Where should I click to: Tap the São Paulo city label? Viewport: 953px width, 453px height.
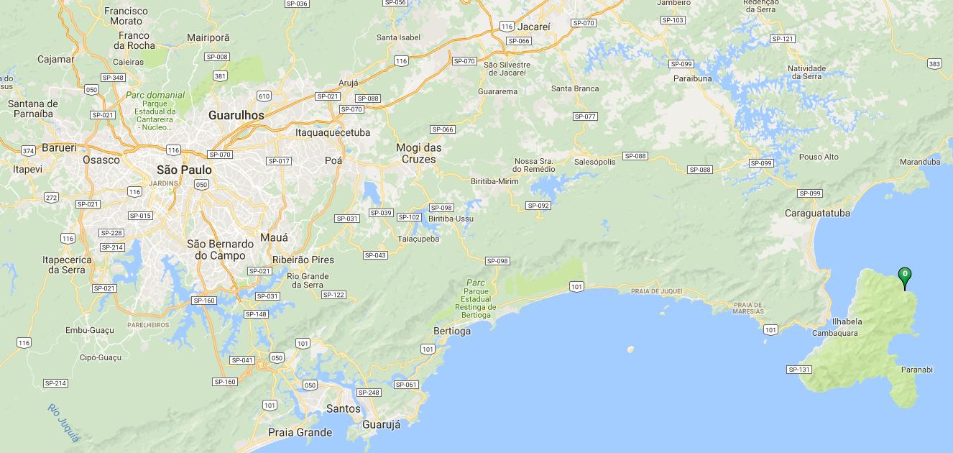point(184,170)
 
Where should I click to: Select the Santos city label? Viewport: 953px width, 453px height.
point(343,408)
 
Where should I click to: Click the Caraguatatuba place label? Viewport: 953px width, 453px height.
point(817,213)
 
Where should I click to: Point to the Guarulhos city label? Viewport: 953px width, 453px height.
point(236,115)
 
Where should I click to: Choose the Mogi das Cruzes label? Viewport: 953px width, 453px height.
point(419,153)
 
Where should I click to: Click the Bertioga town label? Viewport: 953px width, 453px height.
point(452,331)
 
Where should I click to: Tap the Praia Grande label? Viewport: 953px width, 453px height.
point(300,432)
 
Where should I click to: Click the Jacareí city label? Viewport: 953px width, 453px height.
point(533,27)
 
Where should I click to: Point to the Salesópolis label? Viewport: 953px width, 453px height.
point(594,162)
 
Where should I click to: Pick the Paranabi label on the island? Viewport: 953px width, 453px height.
point(916,370)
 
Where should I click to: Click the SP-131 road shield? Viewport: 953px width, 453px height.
point(799,370)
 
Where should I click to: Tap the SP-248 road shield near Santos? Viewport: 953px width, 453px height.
point(369,393)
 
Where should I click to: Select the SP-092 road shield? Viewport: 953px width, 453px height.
point(538,206)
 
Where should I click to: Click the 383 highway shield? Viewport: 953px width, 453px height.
point(934,64)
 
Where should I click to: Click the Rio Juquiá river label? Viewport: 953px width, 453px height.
point(64,422)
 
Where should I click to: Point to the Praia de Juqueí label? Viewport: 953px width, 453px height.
point(656,291)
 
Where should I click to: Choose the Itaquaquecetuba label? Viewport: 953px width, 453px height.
point(333,132)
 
